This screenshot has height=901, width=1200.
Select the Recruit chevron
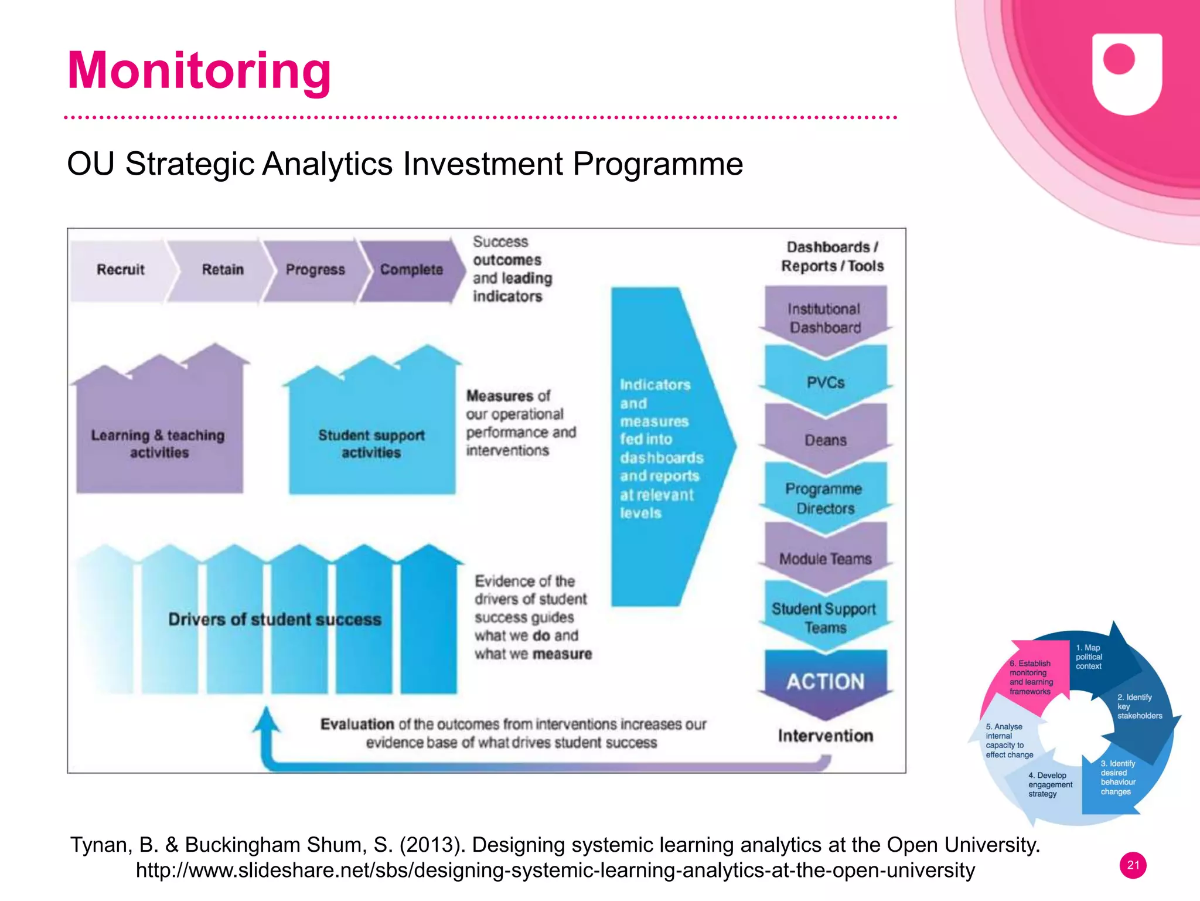coord(120,270)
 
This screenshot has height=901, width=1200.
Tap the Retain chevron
coord(223,270)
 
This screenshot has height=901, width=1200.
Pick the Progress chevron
coord(315,270)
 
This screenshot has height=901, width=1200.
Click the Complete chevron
coord(411,270)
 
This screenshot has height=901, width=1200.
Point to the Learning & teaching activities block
coord(158,444)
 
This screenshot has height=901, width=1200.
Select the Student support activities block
coord(371,444)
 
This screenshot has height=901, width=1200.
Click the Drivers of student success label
coord(274,620)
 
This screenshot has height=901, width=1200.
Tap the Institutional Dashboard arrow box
coord(825,318)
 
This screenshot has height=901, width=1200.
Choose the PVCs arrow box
coord(825,382)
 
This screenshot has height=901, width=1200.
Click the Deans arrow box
coord(825,440)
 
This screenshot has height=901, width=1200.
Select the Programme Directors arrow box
coord(825,498)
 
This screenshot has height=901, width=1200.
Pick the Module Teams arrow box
coord(825,559)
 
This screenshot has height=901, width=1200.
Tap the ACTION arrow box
coord(825,682)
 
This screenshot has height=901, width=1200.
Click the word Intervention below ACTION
coord(825,736)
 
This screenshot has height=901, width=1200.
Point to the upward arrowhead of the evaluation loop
coord(267,720)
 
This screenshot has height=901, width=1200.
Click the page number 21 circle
coord(1133,865)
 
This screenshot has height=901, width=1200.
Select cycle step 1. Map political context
coord(1090,657)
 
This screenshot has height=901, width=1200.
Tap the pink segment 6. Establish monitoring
coord(1031,677)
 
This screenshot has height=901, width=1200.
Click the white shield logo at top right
coord(1127,73)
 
